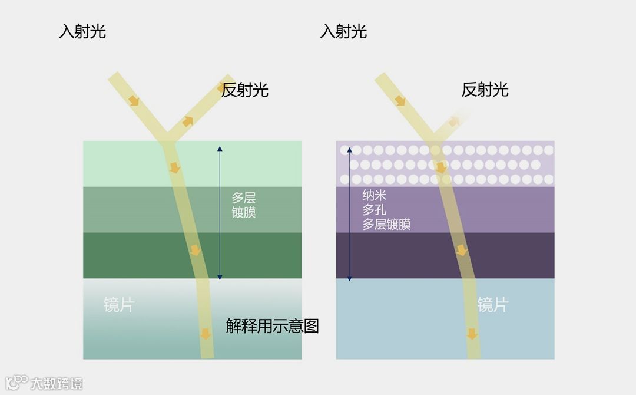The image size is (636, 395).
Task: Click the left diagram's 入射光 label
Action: [x=82, y=31]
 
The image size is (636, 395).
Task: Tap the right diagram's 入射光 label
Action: [x=343, y=31]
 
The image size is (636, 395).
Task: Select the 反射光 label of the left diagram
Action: [x=245, y=90]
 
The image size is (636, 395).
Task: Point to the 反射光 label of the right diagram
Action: [x=485, y=90]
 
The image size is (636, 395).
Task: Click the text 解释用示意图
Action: [x=273, y=326]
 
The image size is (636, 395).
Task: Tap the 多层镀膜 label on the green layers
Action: [x=244, y=205]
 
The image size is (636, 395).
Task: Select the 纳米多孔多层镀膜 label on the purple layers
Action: [x=386, y=210]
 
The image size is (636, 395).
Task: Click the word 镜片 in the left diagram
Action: [x=119, y=305]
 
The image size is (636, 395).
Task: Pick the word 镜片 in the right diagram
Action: [x=492, y=305]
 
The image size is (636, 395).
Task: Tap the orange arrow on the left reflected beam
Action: [x=187, y=121]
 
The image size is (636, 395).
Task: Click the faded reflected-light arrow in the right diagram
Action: [x=454, y=121]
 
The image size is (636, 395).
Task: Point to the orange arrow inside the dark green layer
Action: [x=196, y=251]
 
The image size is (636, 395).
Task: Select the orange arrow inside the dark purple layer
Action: [x=462, y=251]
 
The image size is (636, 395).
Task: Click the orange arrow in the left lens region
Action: [x=205, y=334]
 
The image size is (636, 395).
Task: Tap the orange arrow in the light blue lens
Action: [x=472, y=334]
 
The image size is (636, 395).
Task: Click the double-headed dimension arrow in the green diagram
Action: [x=220, y=212]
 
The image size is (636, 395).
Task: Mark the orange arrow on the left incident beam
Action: [x=134, y=100]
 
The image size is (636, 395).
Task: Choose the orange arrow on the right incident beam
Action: [x=400, y=100]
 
